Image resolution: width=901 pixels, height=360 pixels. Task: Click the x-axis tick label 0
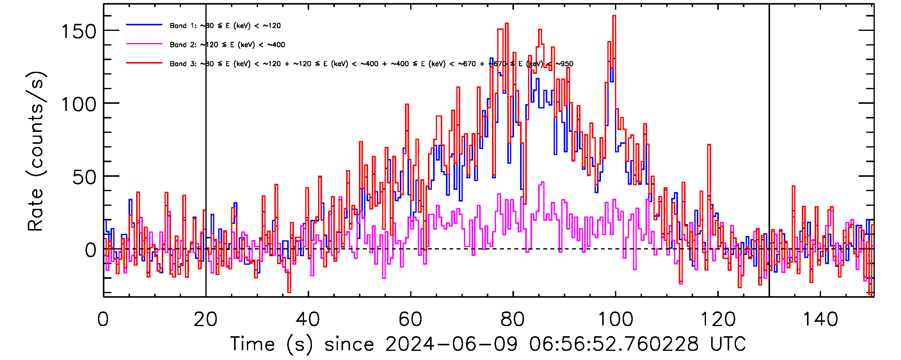pos(103,319)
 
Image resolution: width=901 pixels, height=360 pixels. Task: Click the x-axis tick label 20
pos(205,319)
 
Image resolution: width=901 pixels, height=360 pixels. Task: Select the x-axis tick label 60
pos(410,319)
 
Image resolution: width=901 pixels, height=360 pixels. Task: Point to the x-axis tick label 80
pos(512,319)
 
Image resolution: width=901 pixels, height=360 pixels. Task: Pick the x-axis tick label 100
pos(615,319)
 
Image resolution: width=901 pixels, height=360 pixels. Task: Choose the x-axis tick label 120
pos(718,319)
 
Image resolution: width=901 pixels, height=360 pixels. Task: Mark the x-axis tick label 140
pos(820,319)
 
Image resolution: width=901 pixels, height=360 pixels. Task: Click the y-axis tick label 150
pos(79,31)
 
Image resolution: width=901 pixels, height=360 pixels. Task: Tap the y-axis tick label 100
pos(79,104)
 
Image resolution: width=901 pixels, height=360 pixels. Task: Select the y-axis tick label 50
pos(84,177)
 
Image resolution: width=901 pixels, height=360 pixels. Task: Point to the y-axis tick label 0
pos(91,250)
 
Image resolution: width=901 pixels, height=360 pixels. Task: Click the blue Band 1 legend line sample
pos(144,25)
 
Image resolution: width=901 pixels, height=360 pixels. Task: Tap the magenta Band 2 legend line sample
pos(144,44)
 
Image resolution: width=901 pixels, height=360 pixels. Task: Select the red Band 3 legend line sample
pos(144,63)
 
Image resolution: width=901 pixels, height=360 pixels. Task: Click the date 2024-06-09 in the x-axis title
pos(451,344)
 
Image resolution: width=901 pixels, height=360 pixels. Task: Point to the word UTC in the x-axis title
pos(728,344)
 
